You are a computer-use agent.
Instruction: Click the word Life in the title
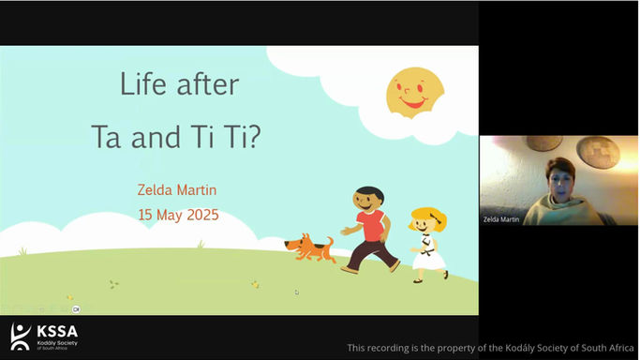141,85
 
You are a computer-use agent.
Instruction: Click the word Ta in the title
109,136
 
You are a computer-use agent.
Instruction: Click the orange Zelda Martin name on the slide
177,191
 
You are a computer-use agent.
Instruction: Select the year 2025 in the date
200,215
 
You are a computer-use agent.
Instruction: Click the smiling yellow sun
415,92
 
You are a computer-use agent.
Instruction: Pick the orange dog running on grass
310,247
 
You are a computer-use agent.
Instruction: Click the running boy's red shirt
370,226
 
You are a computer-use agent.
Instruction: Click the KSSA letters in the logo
57,331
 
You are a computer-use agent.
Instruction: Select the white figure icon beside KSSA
21,336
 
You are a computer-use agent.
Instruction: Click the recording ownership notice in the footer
490,348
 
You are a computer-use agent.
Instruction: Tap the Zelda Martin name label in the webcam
501,217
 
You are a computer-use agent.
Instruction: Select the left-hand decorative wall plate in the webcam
543,143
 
